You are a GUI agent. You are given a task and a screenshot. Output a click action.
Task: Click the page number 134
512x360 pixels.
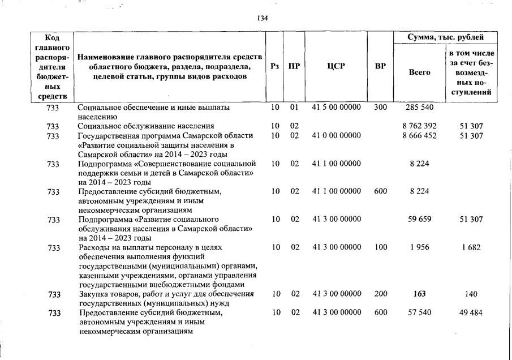(x=262, y=18)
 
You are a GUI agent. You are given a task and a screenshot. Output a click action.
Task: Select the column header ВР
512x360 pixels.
(x=380, y=66)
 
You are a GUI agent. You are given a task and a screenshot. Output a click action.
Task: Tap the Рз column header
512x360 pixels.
(x=275, y=66)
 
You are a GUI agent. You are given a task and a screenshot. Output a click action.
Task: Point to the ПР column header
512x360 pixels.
(x=294, y=66)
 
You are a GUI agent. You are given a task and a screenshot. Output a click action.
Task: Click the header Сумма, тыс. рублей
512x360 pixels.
(x=446, y=37)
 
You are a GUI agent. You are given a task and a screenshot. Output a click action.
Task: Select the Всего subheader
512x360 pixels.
(x=419, y=72)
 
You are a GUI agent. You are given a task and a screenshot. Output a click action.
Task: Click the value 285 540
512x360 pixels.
(x=419, y=107)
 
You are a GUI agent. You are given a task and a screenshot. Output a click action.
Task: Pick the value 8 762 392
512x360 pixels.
(x=419, y=126)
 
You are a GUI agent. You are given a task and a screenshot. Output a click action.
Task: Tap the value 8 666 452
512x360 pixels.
(x=419, y=136)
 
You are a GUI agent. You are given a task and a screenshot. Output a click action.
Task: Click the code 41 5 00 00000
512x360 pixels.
(x=336, y=107)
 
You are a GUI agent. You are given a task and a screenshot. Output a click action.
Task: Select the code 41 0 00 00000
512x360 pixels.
(x=336, y=136)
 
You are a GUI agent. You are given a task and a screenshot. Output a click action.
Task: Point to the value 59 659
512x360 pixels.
(x=419, y=219)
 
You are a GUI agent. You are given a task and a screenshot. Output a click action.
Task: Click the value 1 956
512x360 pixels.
(x=419, y=247)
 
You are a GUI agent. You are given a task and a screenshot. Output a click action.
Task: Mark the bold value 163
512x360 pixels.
(x=419, y=294)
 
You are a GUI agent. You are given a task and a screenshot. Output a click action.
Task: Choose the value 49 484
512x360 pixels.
(x=471, y=312)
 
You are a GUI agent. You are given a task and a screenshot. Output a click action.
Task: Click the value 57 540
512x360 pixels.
(x=419, y=312)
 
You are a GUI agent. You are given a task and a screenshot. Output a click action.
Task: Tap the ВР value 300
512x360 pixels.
(x=380, y=107)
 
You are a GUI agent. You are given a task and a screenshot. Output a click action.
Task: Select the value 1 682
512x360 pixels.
(x=471, y=247)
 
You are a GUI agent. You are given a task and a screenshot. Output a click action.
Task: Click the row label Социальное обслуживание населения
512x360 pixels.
(x=145, y=126)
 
